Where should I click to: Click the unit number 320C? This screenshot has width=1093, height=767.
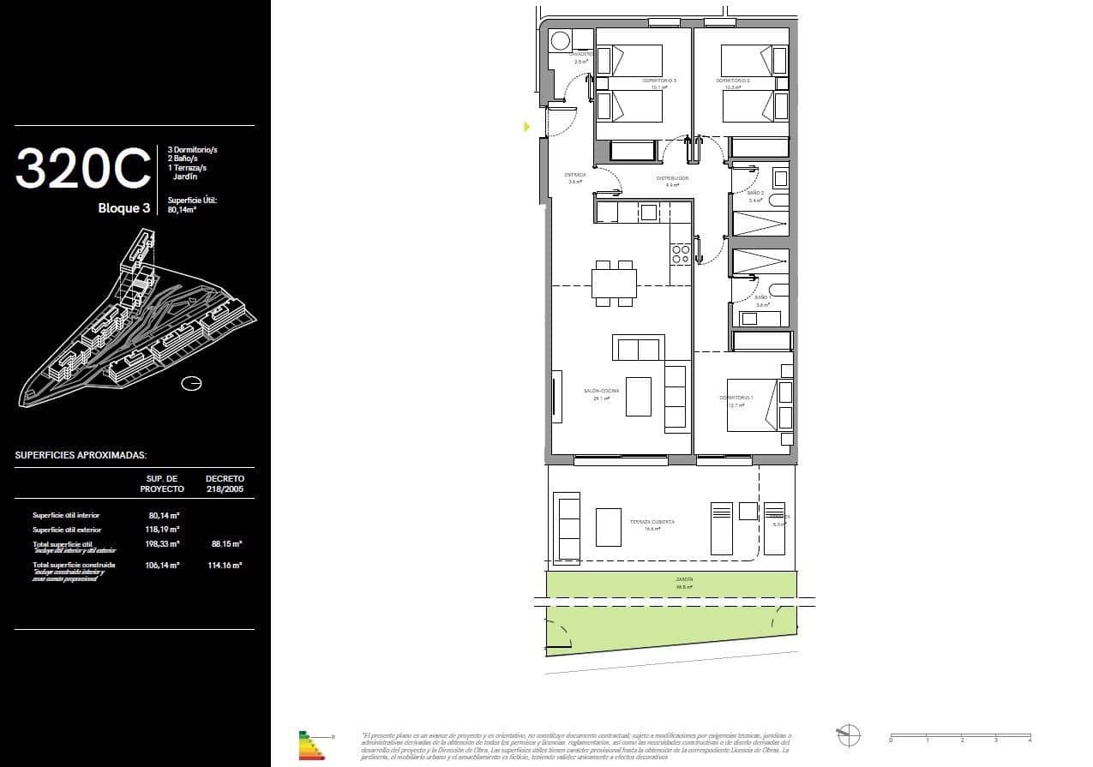point(82,169)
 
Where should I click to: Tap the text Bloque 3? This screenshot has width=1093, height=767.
point(123,208)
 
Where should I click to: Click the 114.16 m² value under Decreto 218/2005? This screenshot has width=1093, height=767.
point(225,566)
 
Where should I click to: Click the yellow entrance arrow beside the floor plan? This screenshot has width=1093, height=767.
point(527,127)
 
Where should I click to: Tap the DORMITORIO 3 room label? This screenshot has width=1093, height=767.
point(659,81)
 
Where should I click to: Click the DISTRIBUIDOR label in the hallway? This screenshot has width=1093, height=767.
point(673,178)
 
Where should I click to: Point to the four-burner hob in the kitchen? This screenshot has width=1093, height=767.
point(681,254)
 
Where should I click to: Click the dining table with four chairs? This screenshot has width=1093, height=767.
point(614,283)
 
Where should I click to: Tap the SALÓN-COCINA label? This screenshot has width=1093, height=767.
point(601,391)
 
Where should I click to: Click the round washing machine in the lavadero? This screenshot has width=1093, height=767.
point(561,40)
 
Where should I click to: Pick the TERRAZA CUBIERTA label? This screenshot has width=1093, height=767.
point(652,522)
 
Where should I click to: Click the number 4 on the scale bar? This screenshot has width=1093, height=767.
point(1030,740)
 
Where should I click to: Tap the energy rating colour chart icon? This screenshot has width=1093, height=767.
point(311,746)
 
